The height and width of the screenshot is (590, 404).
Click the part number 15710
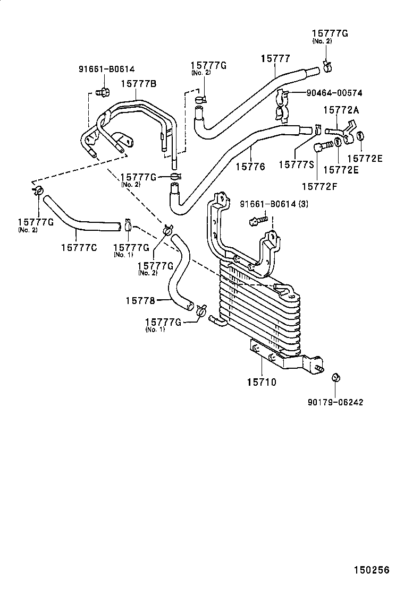tap(261, 381)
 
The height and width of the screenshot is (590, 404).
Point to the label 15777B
tap(138, 83)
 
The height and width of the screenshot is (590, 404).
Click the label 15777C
tap(79, 247)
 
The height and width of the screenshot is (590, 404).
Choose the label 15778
tap(140, 301)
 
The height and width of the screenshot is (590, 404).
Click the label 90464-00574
tap(334, 93)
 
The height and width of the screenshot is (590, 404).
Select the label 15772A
tap(342, 110)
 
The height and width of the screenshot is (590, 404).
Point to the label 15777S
tap(296, 164)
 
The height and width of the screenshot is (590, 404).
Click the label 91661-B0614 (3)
tap(281, 204)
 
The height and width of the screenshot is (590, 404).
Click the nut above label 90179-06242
tap(335, 377)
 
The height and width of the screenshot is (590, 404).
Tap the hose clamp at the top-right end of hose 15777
tap(327, 67)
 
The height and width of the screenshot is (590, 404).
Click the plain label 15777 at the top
tap(275, 59)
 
